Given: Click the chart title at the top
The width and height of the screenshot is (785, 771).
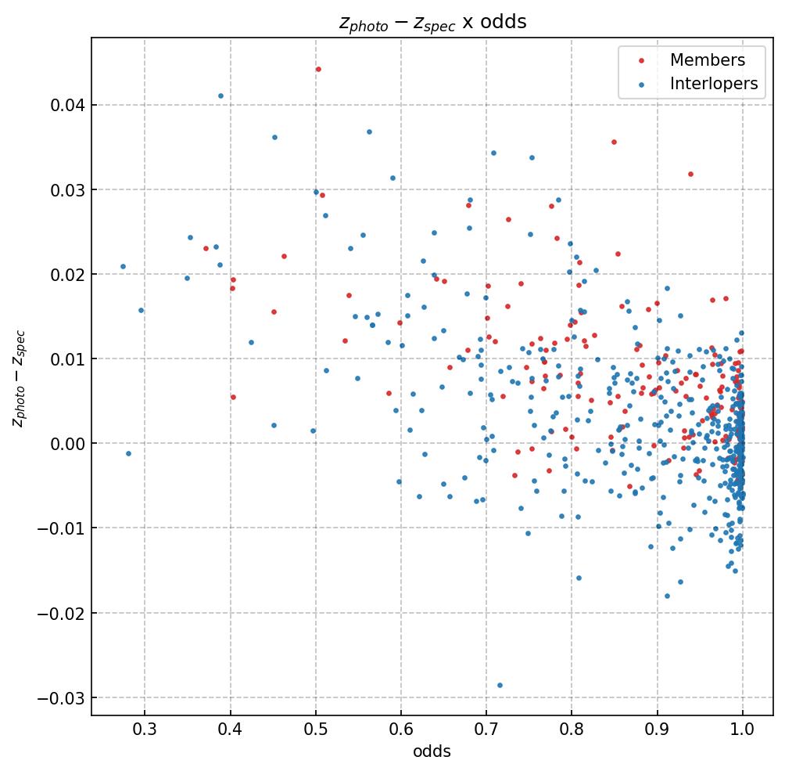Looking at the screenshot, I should pyautogui.click(x=432, y=22).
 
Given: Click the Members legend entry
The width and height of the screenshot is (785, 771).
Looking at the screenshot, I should pyautogui.click(x=707, y=60).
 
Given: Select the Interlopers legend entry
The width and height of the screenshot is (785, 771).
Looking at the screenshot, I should pyautogui.click(x=713, y=85).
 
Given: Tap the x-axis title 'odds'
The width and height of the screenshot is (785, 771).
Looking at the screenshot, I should pyautogui.click(x=432, y=751).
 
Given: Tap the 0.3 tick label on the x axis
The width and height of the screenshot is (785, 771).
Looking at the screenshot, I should pyautogui.click(x=145, y=731).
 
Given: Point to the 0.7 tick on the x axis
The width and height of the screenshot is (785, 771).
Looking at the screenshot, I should pyautogui.click(x=486, y=731).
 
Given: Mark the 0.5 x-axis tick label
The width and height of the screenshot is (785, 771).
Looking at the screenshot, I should pyautogui.click(x=315, y=731).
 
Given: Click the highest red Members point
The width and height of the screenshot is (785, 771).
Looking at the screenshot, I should pyautogui.click(x=318, y=70).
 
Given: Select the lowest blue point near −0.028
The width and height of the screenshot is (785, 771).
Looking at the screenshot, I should pyautogui.click(x=500, y=686).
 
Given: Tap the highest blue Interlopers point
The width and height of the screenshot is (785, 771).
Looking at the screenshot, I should pyautogui.click(x=220, y=96).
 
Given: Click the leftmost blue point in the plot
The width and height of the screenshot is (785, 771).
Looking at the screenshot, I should pyautogui.click(x=123, y=267).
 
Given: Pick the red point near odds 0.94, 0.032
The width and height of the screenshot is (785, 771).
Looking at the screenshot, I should pyautogui.click(x=690, y=175).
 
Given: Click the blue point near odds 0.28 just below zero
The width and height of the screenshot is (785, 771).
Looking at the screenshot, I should pyautogui.click(x=128, y=453).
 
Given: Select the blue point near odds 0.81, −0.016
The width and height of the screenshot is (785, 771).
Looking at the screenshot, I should pyautogui.click(x=579, y=578).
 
